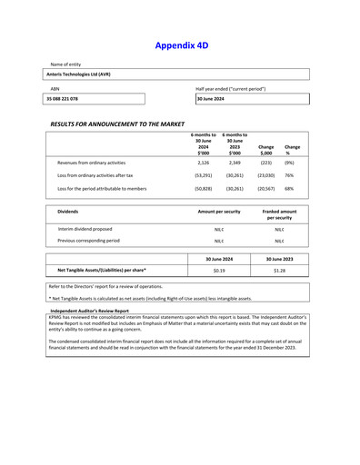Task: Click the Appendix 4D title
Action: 180,45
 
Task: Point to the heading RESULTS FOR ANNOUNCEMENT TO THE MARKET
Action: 117,121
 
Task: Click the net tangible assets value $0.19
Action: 219,271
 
